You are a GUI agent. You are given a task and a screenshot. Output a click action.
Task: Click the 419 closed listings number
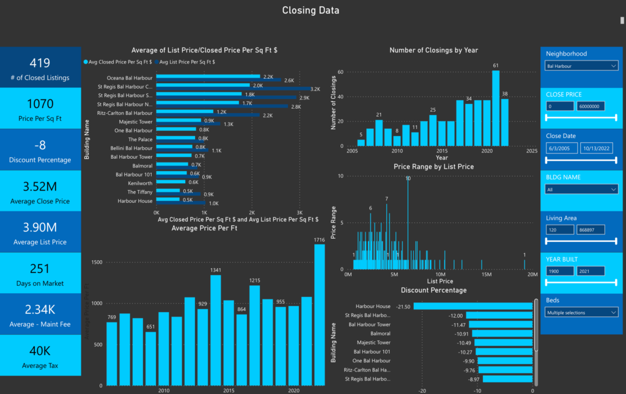click(x=40, y=63)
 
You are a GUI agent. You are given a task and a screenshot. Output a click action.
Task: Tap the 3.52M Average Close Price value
click(x=40, y=187)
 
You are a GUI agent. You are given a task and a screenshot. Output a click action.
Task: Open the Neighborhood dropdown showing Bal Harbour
click(x=581, y=66)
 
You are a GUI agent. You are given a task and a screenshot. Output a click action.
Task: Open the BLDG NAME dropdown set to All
click(x=581, y=189)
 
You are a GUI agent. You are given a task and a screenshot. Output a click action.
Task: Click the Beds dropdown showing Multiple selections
click(x=581, y=313)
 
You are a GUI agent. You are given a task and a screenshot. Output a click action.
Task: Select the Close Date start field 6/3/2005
click(x=559, y=148)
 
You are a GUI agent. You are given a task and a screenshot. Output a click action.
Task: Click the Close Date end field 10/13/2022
click(x=594, y=148)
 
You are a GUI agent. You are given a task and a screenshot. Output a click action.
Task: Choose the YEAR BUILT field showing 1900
click(x=559, y=271)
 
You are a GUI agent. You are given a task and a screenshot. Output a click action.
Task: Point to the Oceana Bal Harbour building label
click(x=130, y=78)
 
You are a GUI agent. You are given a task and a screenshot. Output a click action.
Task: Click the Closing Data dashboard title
click(x=311, y=10)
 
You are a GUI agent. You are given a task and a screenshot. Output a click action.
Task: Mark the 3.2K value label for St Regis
click(x=315, y=89)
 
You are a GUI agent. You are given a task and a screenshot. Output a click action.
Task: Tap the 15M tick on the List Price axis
click(x=487, y=274)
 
